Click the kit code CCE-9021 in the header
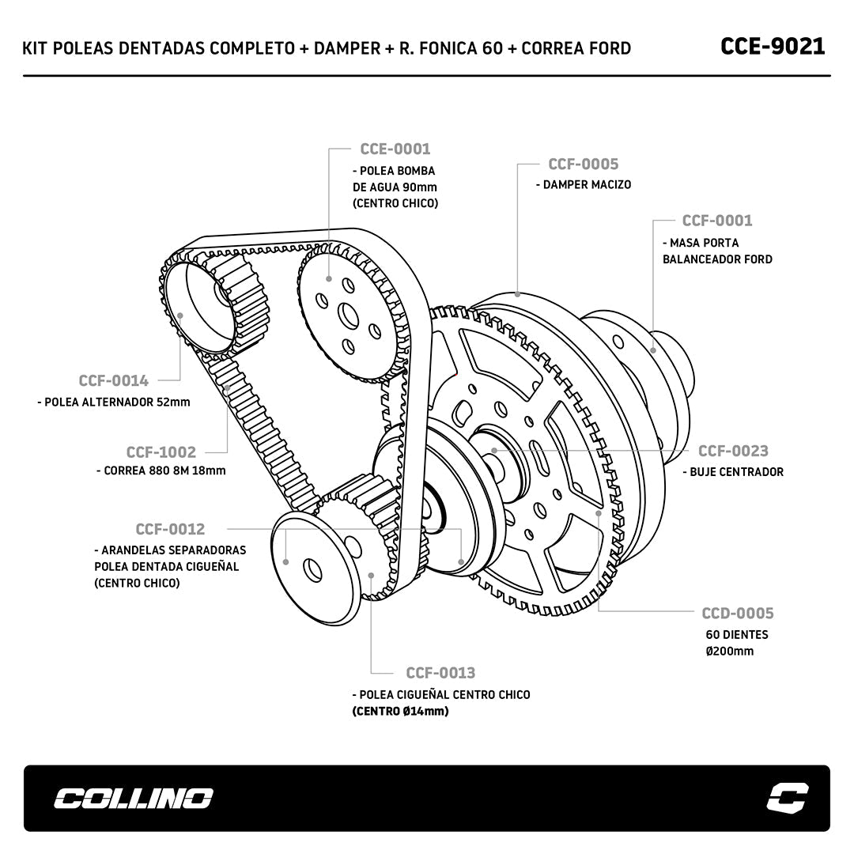tap(773, 47)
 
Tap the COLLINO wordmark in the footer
tap(133, 799)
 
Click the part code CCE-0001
tap(395, 149)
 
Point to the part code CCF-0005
tap(583, 164)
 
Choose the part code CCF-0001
tap(716, 221)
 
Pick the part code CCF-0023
tap(733, 451)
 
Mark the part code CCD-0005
tap(738, 614)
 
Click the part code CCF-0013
tap(440, 673)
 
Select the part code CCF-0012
tap(170, 529)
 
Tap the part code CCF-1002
tap(161, 452)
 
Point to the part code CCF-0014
tap(113, 380)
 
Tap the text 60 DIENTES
tap(737, 634)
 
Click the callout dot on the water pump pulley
tap(329, 279)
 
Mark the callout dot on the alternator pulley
tap(180, 316)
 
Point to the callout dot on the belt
tap(227, 388)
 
